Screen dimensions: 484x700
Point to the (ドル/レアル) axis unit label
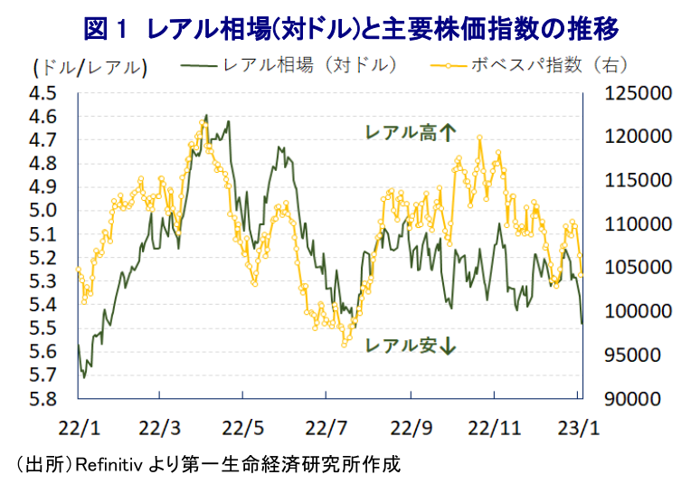tap(88, 67)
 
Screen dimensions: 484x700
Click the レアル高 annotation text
tap(400, 133)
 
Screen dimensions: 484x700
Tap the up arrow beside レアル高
tap(448, 133)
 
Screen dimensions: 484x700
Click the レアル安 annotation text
tap(400, 346)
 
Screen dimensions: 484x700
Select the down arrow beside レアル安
tap(448, 346)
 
